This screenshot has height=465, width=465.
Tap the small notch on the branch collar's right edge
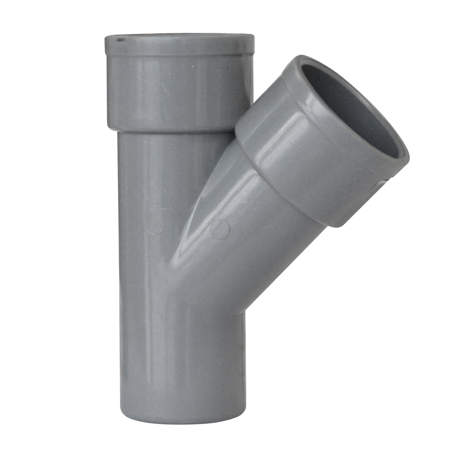(384, 182)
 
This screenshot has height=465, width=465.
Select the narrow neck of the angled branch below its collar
(263, 225)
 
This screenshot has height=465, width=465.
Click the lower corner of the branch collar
(331, 225)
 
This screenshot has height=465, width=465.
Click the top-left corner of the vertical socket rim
(107, 39)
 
